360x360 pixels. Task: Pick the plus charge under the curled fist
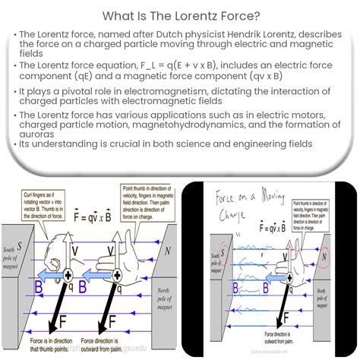[68, 276]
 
